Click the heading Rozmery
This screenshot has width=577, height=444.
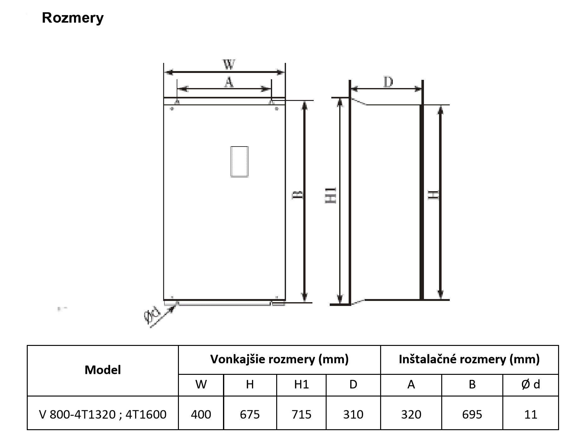pos(73,18)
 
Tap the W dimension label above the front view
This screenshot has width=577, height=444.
pos(229,65)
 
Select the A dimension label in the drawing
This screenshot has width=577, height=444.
pos(229,82)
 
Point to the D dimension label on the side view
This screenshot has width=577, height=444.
pos(388,82)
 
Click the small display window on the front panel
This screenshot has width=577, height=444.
pos(239,162)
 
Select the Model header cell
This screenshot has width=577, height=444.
pos(103,370)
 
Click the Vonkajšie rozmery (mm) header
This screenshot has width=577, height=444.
pos(279,359)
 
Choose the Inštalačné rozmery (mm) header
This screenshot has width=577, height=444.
pos(469,359)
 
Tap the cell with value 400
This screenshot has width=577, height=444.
pos(201,414)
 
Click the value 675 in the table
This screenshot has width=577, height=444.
pos(250,414)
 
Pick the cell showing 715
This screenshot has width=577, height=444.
pos(301,414)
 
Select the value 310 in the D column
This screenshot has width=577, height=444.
pos(353,414)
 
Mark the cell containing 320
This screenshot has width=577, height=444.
pos(411,414)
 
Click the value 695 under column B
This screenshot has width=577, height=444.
pos(472,414)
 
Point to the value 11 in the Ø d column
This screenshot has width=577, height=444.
pos(531,414)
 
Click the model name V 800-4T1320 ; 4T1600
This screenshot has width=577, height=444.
pos(103,414)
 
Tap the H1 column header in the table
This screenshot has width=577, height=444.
pos(301,384)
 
